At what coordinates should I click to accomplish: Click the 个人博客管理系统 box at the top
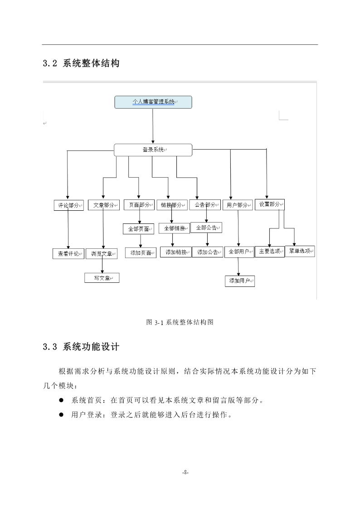pos(153,102)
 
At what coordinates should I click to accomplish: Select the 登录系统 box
pos(153,150)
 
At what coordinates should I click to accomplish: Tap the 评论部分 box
pos(69,205)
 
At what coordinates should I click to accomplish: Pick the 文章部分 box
pos(104,205)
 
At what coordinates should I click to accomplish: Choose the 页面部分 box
pos(139,205)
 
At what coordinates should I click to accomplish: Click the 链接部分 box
pos(172,205)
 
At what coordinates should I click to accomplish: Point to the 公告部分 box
pos(205,205)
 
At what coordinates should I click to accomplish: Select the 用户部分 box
pos(238,205)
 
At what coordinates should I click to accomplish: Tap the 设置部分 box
pos(270,204)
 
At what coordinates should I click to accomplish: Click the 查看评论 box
pos(68,254)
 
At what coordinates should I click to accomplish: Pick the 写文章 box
pos(102,278)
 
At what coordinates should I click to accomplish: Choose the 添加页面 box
pos(141,252)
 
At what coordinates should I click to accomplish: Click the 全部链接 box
pos(174,228)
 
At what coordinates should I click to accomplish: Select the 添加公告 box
pos(208,252)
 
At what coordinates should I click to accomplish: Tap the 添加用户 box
pos(240,281)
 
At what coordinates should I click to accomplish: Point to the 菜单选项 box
pos(300,251)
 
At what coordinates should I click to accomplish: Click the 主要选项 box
pos(270,252)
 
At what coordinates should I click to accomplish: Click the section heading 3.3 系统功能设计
pos(81,347)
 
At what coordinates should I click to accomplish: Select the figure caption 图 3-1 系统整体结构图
pos(180,322)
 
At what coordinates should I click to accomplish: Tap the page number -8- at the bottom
pos(185,472)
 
